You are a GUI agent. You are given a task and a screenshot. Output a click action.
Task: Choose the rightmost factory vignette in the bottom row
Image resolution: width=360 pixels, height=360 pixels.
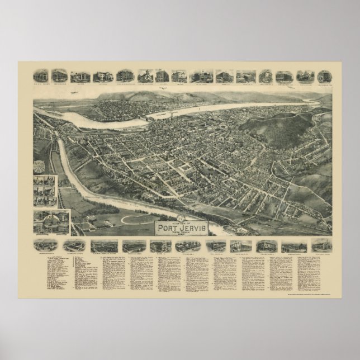click(x=321, y=245)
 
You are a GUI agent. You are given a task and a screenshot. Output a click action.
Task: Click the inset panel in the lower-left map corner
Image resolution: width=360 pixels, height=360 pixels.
click(x=51, y=221)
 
